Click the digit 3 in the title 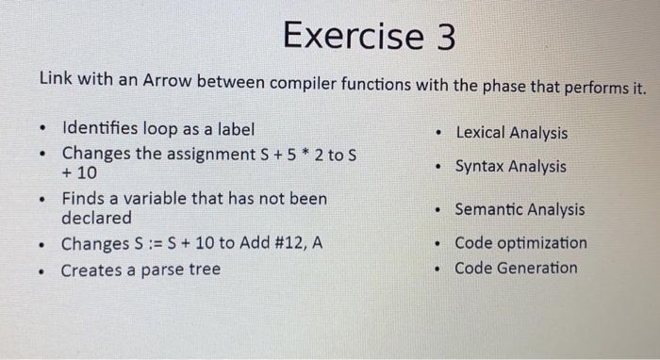[x=442, y=37]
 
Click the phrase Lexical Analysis [x=511, y=134]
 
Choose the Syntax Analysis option [x=510, y=167]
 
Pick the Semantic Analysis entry [x=519, y=210]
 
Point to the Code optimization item [x=520, y=243]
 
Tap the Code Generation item [x=516, y=268]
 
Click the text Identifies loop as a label [x=157, y=129]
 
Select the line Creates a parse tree [x=140, y=270]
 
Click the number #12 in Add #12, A [x=284, y=244]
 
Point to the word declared [x=97, y=218]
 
